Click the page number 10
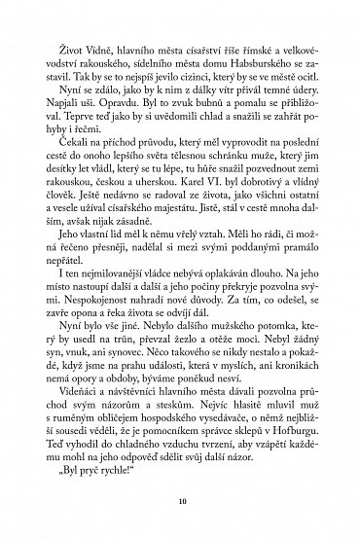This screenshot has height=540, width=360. [180, 504]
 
